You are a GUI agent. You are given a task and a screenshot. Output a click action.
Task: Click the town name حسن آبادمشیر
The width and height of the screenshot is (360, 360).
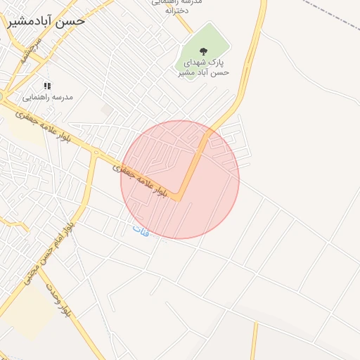pos(46,21)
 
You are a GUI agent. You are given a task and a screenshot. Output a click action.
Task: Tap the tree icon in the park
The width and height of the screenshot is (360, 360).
pos(204,51)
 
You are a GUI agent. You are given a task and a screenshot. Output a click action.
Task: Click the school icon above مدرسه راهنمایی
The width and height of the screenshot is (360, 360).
pos(47,86)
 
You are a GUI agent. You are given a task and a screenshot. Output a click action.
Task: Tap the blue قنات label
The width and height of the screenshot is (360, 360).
pos(141,230)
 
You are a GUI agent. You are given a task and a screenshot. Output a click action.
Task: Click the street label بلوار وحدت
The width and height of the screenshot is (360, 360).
pos(59,300)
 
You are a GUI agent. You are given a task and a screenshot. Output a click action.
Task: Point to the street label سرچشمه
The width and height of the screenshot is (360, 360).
pos(31,51)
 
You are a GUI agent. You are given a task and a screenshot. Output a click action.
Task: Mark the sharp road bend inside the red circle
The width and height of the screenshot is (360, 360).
pos(180,199)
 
